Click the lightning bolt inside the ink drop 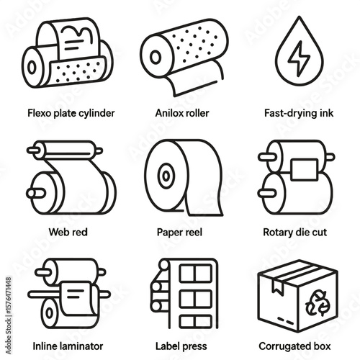[299, 58]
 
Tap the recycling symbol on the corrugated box [318, 303]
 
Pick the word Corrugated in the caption [282, 346]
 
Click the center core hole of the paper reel [166, 176]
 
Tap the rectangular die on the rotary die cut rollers [304, 169]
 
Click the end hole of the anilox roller [156, 57]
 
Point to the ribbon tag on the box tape [278, 287]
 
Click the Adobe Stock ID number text [9, 315]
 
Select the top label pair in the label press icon [196, 273]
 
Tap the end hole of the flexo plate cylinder [32, 67]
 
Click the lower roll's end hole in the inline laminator [49, 313]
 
